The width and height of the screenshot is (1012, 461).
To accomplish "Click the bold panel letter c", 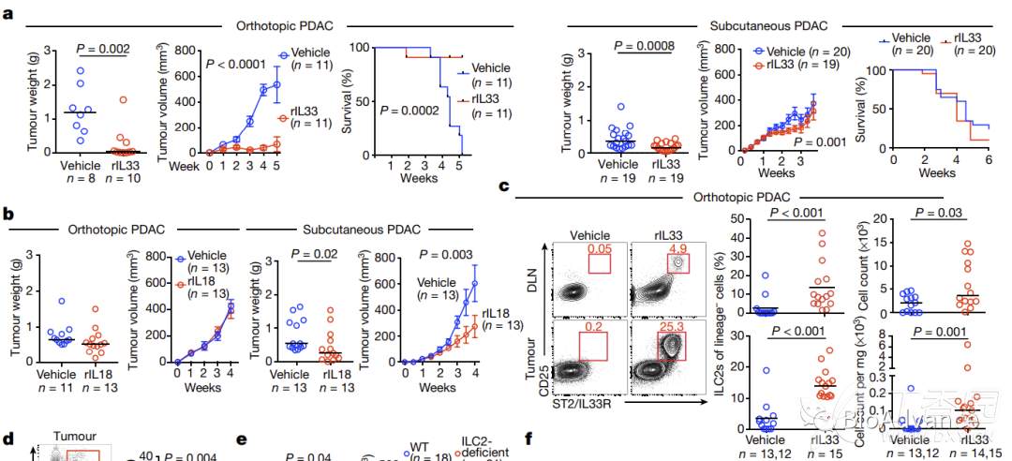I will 503,187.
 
